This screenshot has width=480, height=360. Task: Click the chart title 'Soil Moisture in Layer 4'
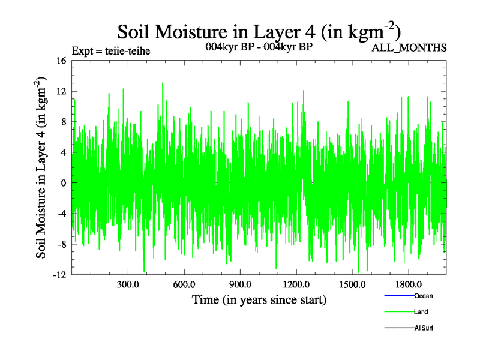pyautogui.click(x=259, y=31)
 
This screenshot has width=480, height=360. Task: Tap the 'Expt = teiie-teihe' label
pyautogui.click(x=110, y=50)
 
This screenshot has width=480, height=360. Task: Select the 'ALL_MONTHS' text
pyautogui.click(x=409, y=48)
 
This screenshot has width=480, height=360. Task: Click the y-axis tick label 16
pyautogui.click(x=61, y=61)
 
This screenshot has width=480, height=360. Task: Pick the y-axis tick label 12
pyautogui.click(x=61, y=91)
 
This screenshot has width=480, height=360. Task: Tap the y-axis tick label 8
pyautogui.click(x=63, y=122)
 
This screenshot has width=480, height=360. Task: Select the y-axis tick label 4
pyautogui.click(x=63, y=152)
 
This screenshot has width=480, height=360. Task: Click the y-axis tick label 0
pyautogui.click(x=63, y=183)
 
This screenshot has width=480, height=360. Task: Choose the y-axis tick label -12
pyautogui.click(x=59, y=275)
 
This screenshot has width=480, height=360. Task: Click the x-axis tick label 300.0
pyautogui.click(x=128, y=284)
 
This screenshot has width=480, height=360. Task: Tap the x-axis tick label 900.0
pyautogui.click(x=240, y=284)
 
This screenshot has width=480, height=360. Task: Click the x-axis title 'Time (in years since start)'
pyautogui.click(x=259, y=299)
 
